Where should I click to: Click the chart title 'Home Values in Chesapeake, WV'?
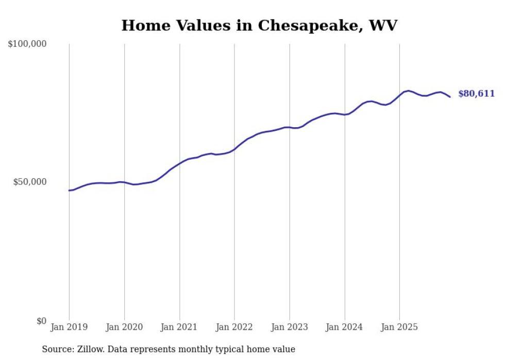point(259,25)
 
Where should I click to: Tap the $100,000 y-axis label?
point(27,44)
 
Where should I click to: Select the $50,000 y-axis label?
point(29,182)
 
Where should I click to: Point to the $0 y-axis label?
point(41,321)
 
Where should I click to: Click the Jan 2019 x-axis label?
point(69,327)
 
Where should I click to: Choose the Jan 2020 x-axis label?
point(124,327)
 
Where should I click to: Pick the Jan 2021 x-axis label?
point(179,327)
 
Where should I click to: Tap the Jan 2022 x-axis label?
point(234,327)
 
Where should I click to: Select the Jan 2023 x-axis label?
point(290,327)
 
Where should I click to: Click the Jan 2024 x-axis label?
point(344,327)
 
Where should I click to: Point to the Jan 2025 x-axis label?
point(399,327)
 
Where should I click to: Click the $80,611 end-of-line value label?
point(476,94)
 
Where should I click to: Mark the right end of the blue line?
point(450,97)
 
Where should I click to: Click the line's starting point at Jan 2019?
point(69,191)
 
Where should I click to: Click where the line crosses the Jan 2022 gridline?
point(234,149)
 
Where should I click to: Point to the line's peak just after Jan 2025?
point(408,91)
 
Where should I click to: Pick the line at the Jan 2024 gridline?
point(344,114)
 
